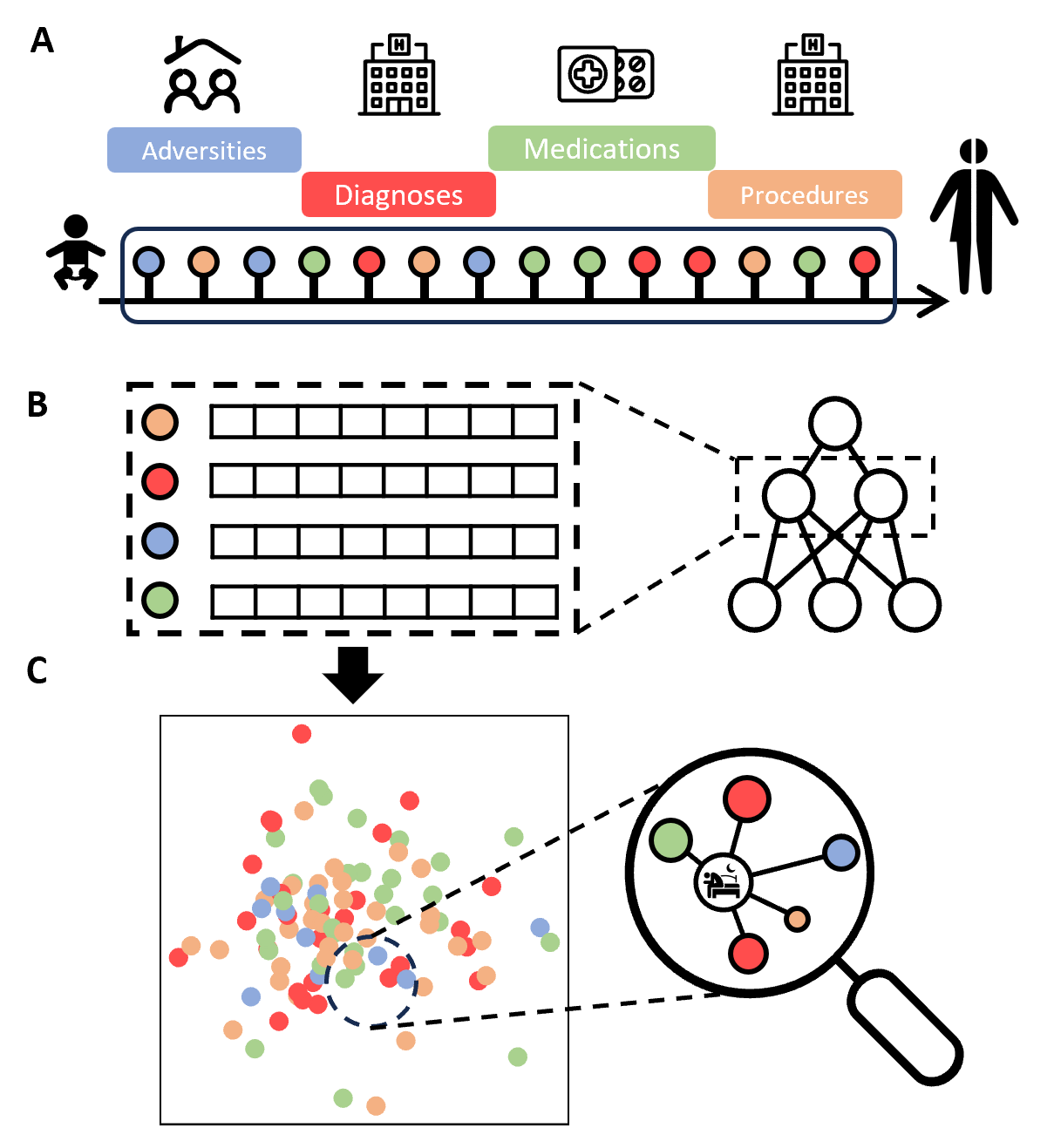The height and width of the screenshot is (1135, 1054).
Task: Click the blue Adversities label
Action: [204, 150]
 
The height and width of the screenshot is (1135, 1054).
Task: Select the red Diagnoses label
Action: [398, 194]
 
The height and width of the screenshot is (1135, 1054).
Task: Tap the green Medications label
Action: [602, 148]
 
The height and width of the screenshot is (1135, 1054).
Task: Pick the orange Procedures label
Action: [804, 194]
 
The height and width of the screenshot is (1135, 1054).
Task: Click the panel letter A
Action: [41, 41]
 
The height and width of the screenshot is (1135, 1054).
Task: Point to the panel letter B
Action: [37, 404]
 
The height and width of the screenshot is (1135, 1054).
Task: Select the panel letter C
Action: [37, 670]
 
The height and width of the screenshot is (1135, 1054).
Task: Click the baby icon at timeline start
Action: [76, 253]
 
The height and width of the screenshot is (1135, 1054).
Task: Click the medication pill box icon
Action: [605, 74]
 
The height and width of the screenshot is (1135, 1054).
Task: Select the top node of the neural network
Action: [834, 424]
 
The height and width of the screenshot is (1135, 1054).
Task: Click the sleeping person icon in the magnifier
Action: [723, 882]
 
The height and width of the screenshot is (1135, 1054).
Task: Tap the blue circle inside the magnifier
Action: [840, 853]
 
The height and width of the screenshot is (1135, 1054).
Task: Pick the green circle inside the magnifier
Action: [670, 840]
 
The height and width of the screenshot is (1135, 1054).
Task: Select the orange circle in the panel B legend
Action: [160, 422]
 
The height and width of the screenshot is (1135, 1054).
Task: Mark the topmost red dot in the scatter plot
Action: [302, 734]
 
